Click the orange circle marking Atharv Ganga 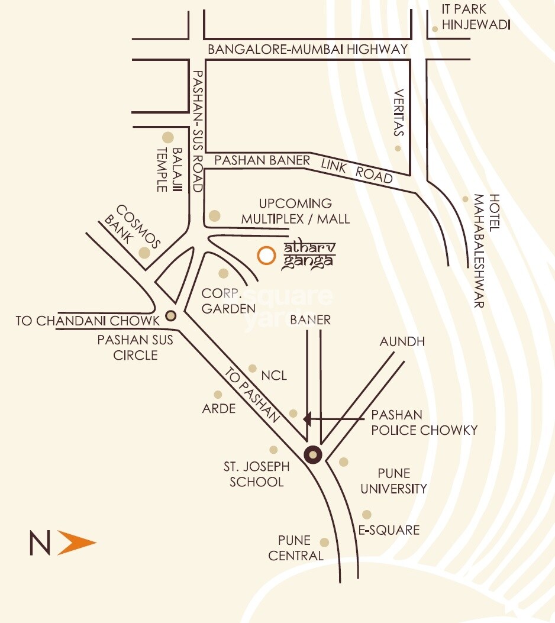(266, 255)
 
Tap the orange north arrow (75, 543)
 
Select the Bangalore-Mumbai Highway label (308, 50)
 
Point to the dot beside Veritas (398, 149)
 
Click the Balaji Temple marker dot (168, 137)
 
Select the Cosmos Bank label (132, 227)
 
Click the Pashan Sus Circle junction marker (171, 315)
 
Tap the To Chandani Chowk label (88, 321)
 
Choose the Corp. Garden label (228, 301)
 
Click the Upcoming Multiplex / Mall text (295, 211)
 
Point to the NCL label (273, 376)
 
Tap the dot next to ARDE (218, 395)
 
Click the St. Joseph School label (256, 474)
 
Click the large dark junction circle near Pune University (312, 454)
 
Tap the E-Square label (388, 530)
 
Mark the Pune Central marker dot (324, 543)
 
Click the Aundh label (402, 342)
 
